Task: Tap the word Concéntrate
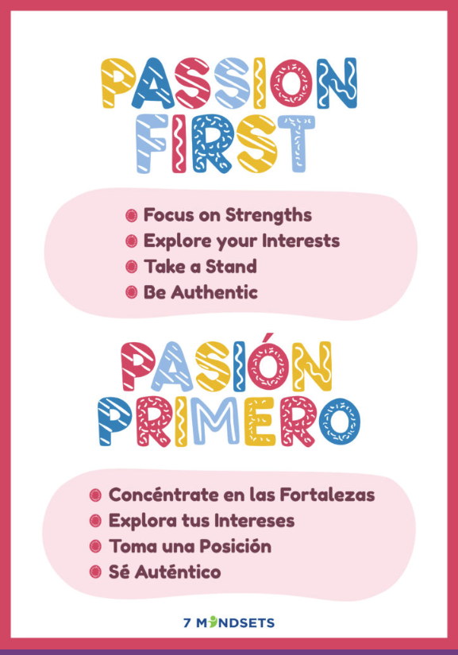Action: pyautogui.click(x=163, y=495)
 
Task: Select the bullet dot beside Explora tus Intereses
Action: pyautogui.click(x=96, y=521)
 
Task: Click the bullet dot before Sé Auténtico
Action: pyautogui.click(x=96, y=572)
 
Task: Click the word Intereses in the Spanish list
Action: pyautogui.click(x=257, y=521)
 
